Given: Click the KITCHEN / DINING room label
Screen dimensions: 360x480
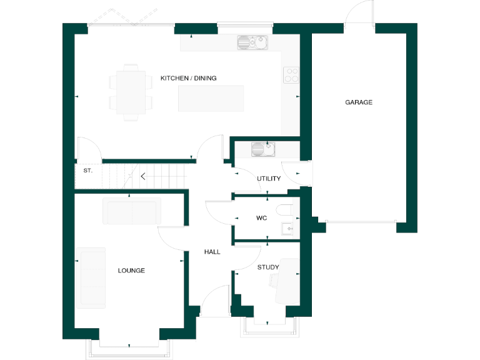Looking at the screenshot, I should tap(188, 78).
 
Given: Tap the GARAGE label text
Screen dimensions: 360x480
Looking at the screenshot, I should tap(359, 102).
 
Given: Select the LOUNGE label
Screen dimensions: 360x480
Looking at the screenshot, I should tap(131, 271).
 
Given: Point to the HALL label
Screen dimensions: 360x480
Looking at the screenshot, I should tap(212, 252).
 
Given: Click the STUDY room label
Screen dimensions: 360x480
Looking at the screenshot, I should tap(268, 267).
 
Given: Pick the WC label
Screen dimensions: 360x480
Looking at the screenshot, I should tap(262, 218).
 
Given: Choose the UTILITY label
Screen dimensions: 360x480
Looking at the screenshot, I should tap(269, 179).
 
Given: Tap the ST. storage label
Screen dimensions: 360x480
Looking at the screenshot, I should tap(87, 170).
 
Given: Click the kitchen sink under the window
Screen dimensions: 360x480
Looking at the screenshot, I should tap(252, 42).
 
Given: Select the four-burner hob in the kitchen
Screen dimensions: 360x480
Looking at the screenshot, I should tap(291, 75).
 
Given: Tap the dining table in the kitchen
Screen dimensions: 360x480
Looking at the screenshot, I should tap(131, 92).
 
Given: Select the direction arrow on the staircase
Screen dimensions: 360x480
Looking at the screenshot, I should tap(143, 176).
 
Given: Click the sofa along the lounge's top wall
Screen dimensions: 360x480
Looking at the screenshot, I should tap(132, 211).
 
